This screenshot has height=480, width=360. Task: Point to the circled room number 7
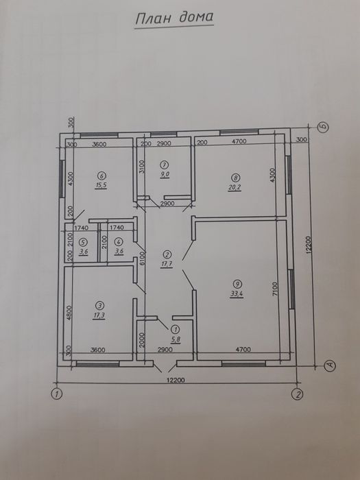click(165, 165)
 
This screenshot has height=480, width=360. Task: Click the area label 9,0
click(165, 175)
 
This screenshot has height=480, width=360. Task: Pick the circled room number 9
click(237, 283)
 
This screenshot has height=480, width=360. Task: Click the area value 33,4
click(237, 293)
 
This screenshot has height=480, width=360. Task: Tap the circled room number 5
click(82, 241)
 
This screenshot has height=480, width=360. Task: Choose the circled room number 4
click(118, 241)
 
